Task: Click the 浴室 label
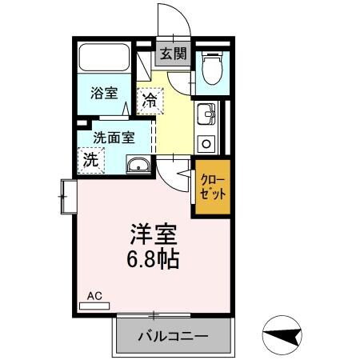click(x=103, y=93)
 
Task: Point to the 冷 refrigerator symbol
click(x=149, y=101)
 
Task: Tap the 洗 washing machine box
click(x=91, y=158)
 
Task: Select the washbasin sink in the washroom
click(x=138, y=166)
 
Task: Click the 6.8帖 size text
click(x=154, y=260)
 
